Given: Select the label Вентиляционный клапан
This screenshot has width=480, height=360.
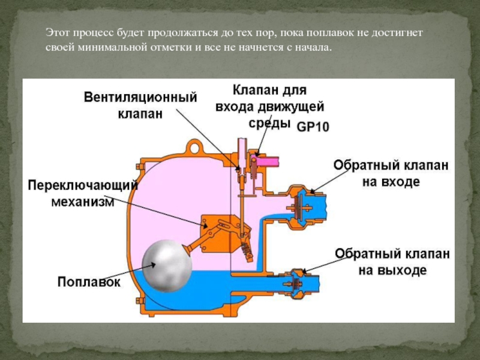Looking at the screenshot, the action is (x=140, y=105).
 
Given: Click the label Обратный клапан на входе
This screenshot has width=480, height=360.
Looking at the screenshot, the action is (x=390, y=173).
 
